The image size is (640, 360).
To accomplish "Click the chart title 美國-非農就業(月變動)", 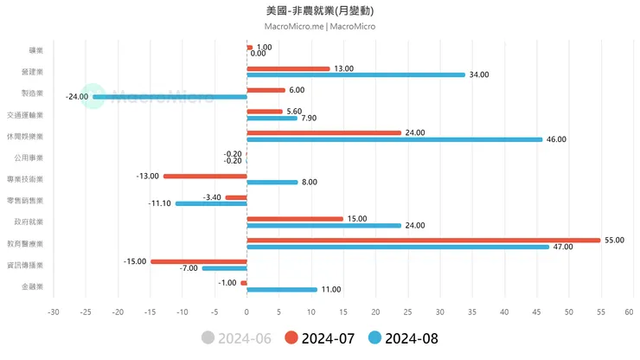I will (320, 11).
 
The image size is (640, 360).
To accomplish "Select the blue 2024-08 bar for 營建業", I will (355, 74).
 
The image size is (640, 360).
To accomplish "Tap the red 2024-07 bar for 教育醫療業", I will (423, 240).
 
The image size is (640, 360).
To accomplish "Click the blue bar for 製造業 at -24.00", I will (170, 96).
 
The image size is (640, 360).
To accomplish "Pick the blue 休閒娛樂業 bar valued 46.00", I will (394, 139).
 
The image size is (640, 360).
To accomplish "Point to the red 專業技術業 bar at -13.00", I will (205, 176).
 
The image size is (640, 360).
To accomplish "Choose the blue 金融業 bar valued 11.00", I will (282, 289).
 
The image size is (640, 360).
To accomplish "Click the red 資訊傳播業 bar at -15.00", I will (199, 261).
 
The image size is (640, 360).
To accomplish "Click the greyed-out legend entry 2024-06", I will (236, 338).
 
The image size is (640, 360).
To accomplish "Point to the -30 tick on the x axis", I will (54, 312).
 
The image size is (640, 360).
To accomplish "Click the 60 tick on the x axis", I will (633, 312).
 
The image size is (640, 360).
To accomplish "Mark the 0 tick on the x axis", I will (246, 312).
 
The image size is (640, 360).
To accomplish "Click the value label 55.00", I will (614, 240).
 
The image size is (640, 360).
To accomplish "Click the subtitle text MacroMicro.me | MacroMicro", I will (320, 27).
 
